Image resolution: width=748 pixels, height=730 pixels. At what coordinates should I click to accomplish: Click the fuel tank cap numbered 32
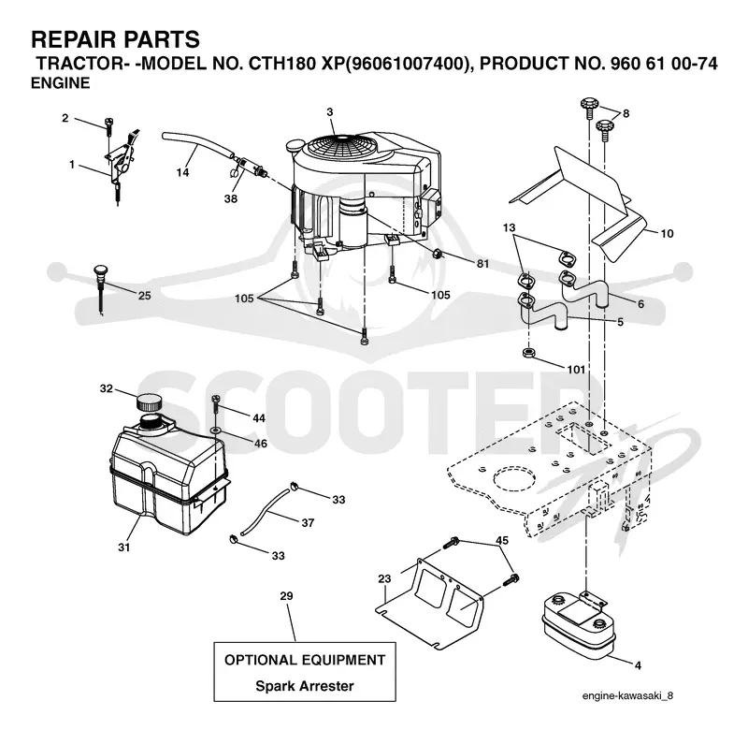[x=149, y=402]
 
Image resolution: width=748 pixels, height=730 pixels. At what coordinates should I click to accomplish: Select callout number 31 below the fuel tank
[x=124, y=547]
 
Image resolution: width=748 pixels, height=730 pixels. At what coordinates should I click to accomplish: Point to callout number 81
[x=482, y=264]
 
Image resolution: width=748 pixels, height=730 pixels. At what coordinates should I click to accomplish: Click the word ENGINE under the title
[x=61, y=82]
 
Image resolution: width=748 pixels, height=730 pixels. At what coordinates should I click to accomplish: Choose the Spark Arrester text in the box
[x=305, y=686]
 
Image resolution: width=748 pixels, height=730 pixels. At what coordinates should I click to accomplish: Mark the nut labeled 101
[x=528, y=354]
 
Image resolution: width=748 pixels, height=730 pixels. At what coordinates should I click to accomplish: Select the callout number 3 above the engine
[x=330, y=112]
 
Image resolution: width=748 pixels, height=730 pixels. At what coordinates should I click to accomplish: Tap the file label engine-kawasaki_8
[x=627, y=695]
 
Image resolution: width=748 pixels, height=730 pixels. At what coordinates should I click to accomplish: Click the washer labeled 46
[x=215, y=431]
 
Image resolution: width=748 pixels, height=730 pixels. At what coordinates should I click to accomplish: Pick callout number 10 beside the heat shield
[x=667, y=233]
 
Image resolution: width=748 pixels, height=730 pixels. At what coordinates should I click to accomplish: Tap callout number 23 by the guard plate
[x=384, y=578]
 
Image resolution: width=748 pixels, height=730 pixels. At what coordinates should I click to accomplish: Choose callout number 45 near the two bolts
[x=502, y=540]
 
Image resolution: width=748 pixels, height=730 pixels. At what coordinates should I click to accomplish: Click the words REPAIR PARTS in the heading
[x=115, y=39]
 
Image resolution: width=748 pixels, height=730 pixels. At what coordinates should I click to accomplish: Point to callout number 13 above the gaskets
[x=509, y=227]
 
